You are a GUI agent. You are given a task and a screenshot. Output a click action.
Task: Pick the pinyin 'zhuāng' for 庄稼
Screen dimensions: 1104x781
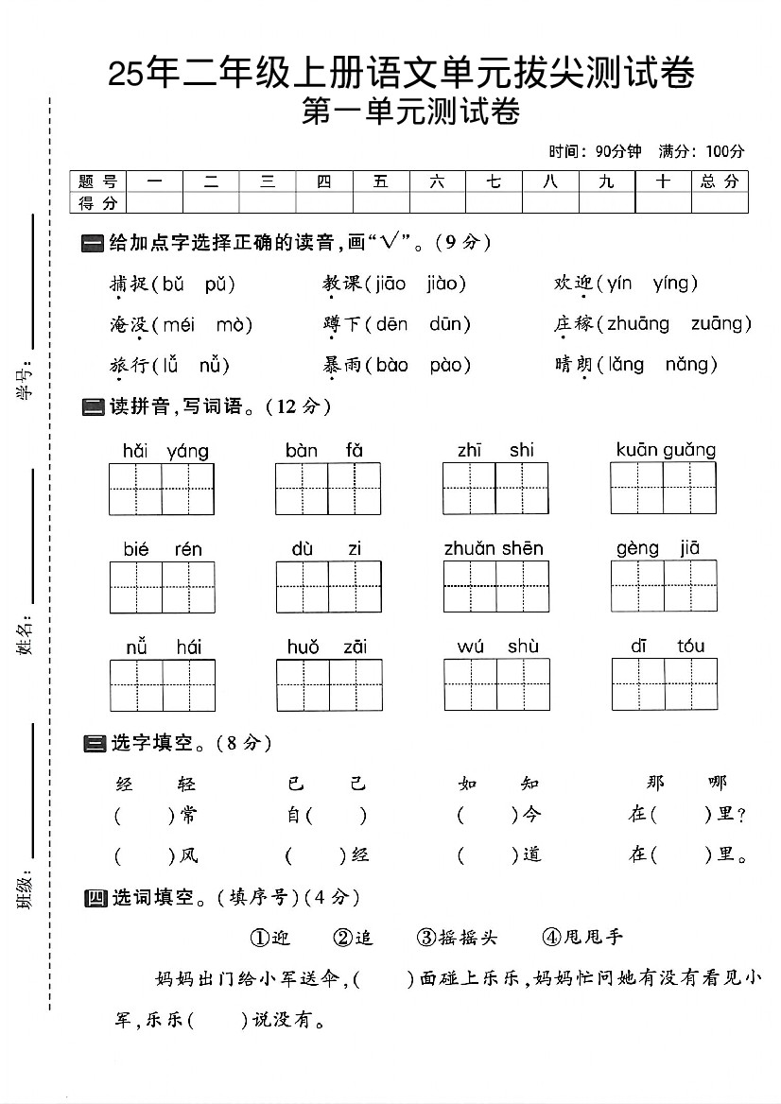click(637, 324)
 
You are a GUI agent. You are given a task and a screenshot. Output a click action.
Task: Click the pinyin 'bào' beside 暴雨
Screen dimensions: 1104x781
click(391, 365)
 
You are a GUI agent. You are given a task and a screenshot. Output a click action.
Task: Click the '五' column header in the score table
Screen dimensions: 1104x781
click(381, 181)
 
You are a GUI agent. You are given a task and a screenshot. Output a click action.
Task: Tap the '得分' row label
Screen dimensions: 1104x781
click(97, 203)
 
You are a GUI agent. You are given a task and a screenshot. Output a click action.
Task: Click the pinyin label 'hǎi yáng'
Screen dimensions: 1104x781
click(165, 451)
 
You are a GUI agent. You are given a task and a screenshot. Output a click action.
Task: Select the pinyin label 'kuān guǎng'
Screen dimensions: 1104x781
click(666, 450)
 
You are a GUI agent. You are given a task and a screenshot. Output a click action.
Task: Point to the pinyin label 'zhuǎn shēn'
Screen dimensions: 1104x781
click(494, 548)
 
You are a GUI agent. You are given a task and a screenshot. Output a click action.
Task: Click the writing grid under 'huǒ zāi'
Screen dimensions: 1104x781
click(329, 685)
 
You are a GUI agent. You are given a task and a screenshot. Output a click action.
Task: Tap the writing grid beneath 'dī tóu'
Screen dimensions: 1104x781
click(664, 684)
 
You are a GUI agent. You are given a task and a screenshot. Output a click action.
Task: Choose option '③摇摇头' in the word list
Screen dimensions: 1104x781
click(456, 937)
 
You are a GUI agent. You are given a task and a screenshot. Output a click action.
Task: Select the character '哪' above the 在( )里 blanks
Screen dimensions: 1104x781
click(717, 783)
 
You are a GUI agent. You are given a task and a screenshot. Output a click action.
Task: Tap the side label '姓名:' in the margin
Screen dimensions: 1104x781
click(26, 633)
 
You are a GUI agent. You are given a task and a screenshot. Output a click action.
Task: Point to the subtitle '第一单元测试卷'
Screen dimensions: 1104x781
click(410, 112)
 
